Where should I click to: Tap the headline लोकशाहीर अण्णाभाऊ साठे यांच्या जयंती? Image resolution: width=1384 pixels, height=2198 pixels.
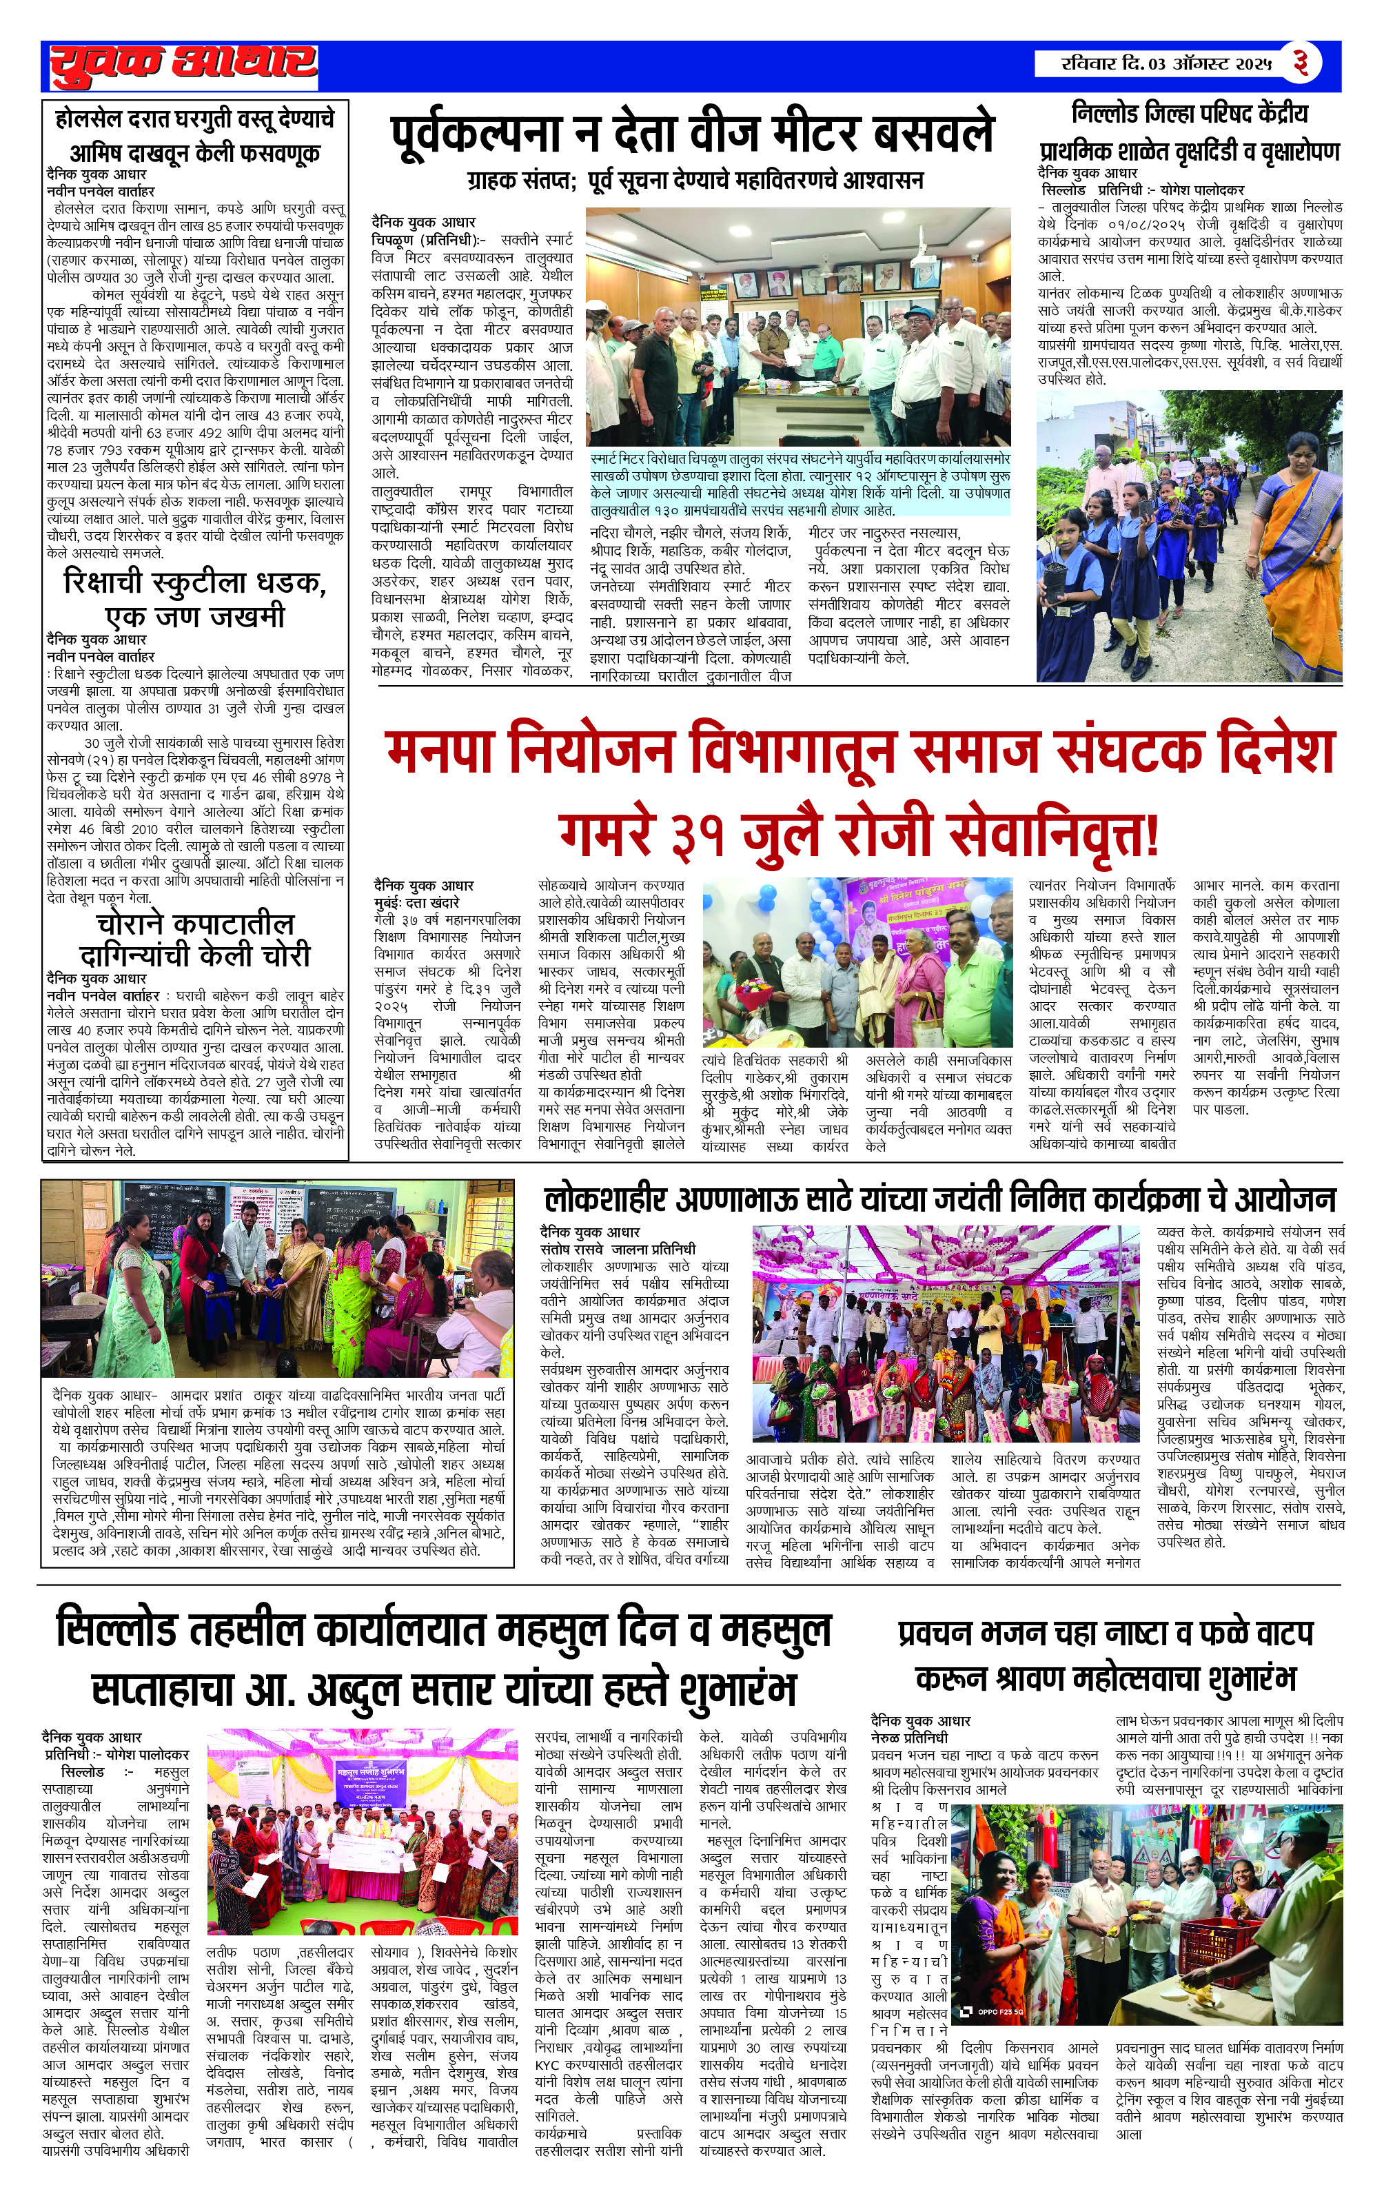[x=939, y=1199]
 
